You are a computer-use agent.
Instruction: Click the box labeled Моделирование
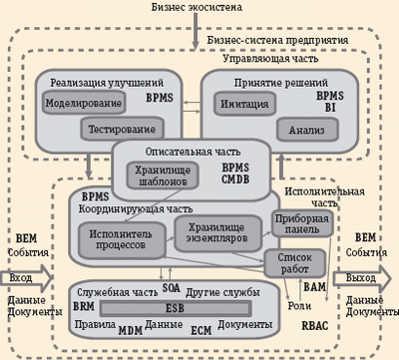tap(83, 103)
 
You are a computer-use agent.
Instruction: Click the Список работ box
tap(289, 262)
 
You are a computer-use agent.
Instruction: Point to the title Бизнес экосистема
tap(199, 8)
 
